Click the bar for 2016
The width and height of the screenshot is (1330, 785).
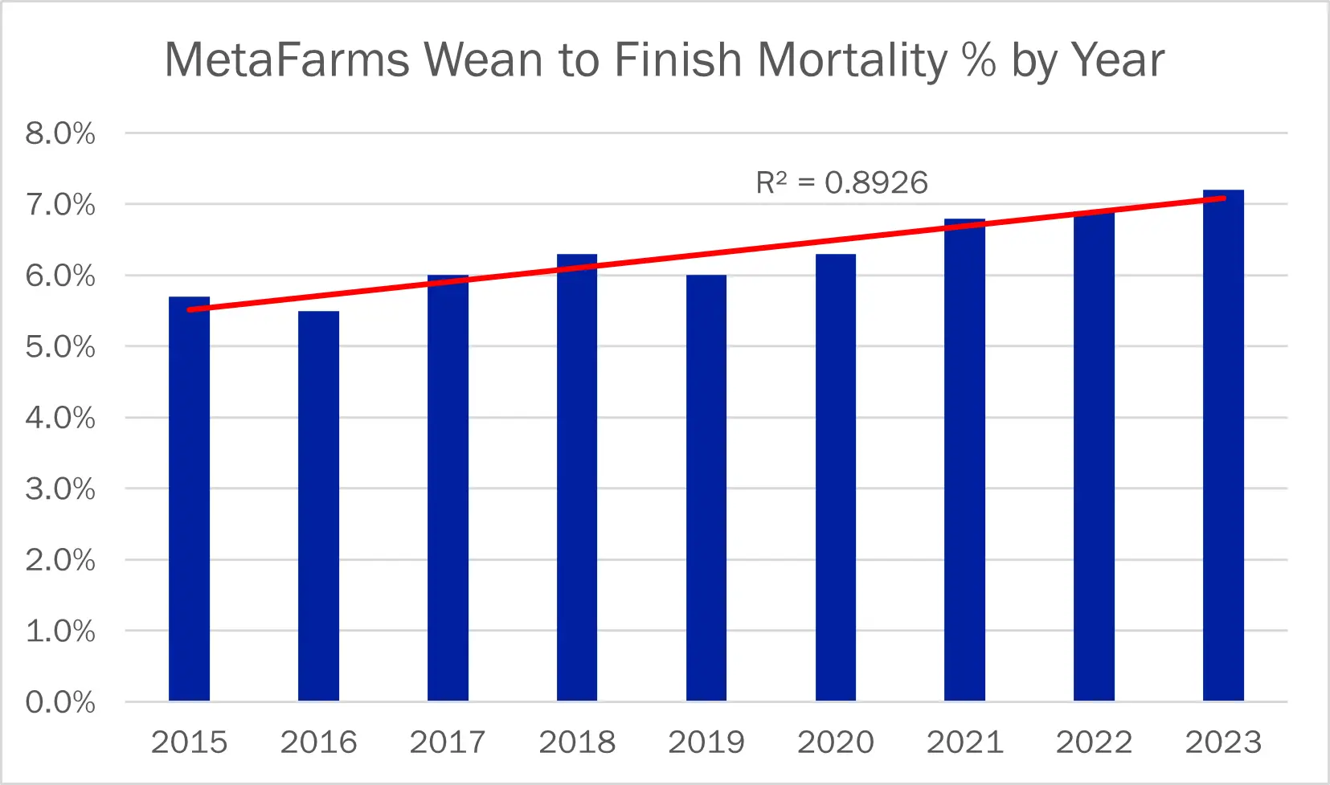pyautogui.click(x=318, y=506)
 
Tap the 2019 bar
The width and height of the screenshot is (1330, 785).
pyautogui.click(x=706, y=490)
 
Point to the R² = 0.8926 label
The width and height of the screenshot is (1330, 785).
pyautogui.click(x=841, y=183)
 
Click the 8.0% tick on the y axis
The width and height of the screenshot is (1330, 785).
pyautogui.click(x=60, y=133)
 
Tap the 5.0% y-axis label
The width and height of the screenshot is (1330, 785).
pyautogui.click(x=60, y=347)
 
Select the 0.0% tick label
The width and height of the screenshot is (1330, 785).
pyautogui.click(x=60, y=702)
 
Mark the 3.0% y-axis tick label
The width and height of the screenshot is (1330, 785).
pyautogui.click(x=60, y=489)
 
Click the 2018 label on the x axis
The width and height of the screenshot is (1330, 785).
pyautogui.click(x=577, y=742)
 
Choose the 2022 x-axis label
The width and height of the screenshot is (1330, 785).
pyautogui.click(x=1094, y=742)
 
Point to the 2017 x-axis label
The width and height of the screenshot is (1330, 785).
pyautogui.click(x=448, y=742)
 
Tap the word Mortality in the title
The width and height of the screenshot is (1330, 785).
pyautogui.click(x=853, y=60)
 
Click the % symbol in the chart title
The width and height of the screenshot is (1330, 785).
pyautogui.click(x=979, y=60)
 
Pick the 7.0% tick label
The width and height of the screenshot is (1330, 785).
pyautogui.click(x=60, y=205)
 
